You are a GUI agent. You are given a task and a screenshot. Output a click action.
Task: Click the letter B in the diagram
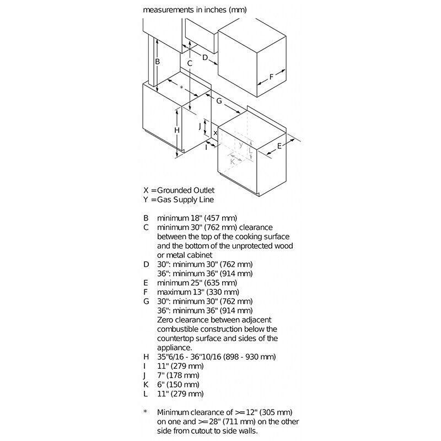point(157,62)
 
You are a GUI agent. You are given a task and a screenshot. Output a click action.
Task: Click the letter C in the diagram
point(189,63)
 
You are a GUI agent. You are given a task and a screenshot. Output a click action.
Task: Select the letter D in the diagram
point(205,57)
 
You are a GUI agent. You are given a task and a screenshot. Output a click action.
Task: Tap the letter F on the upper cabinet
point(271,77)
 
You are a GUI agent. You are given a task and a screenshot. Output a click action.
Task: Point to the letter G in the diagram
point(219,101)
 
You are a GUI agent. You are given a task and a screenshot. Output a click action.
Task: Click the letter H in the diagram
point(176,130)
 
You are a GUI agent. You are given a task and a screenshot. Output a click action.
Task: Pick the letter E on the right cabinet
point(279,146)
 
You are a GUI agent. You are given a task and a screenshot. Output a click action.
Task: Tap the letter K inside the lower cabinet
point(233,162)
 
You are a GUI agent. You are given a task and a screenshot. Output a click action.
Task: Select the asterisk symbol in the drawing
point(181,88)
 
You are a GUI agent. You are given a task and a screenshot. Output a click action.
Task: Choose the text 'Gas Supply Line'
point(186,200)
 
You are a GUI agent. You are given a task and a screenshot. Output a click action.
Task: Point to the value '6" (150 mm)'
point(180,384)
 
